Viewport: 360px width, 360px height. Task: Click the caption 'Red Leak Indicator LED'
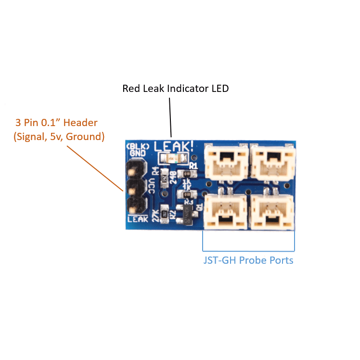(175, 89)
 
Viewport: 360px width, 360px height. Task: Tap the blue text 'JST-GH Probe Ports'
(248, 260)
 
